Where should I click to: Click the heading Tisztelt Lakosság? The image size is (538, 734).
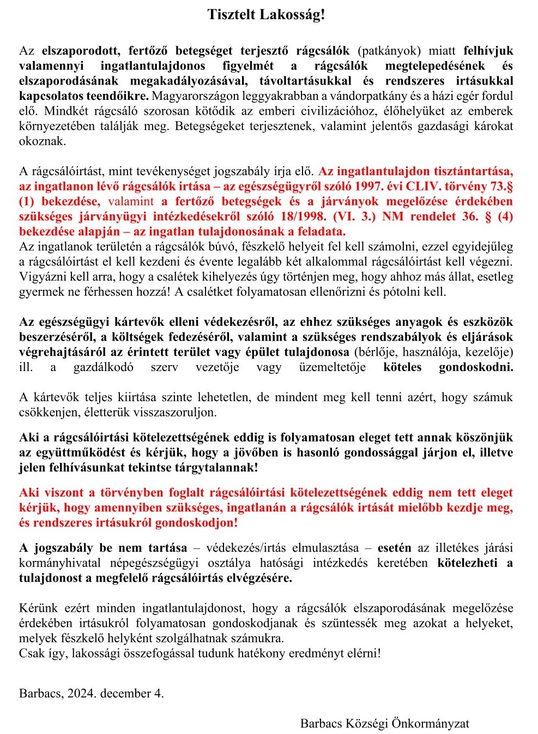pos(266,15)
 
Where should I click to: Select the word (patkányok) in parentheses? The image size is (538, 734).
pos(389,51)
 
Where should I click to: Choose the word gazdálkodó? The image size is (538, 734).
pos(103,367)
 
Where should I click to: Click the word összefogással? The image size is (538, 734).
pos(188,653)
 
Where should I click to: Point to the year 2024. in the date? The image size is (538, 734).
pos(82,694)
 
